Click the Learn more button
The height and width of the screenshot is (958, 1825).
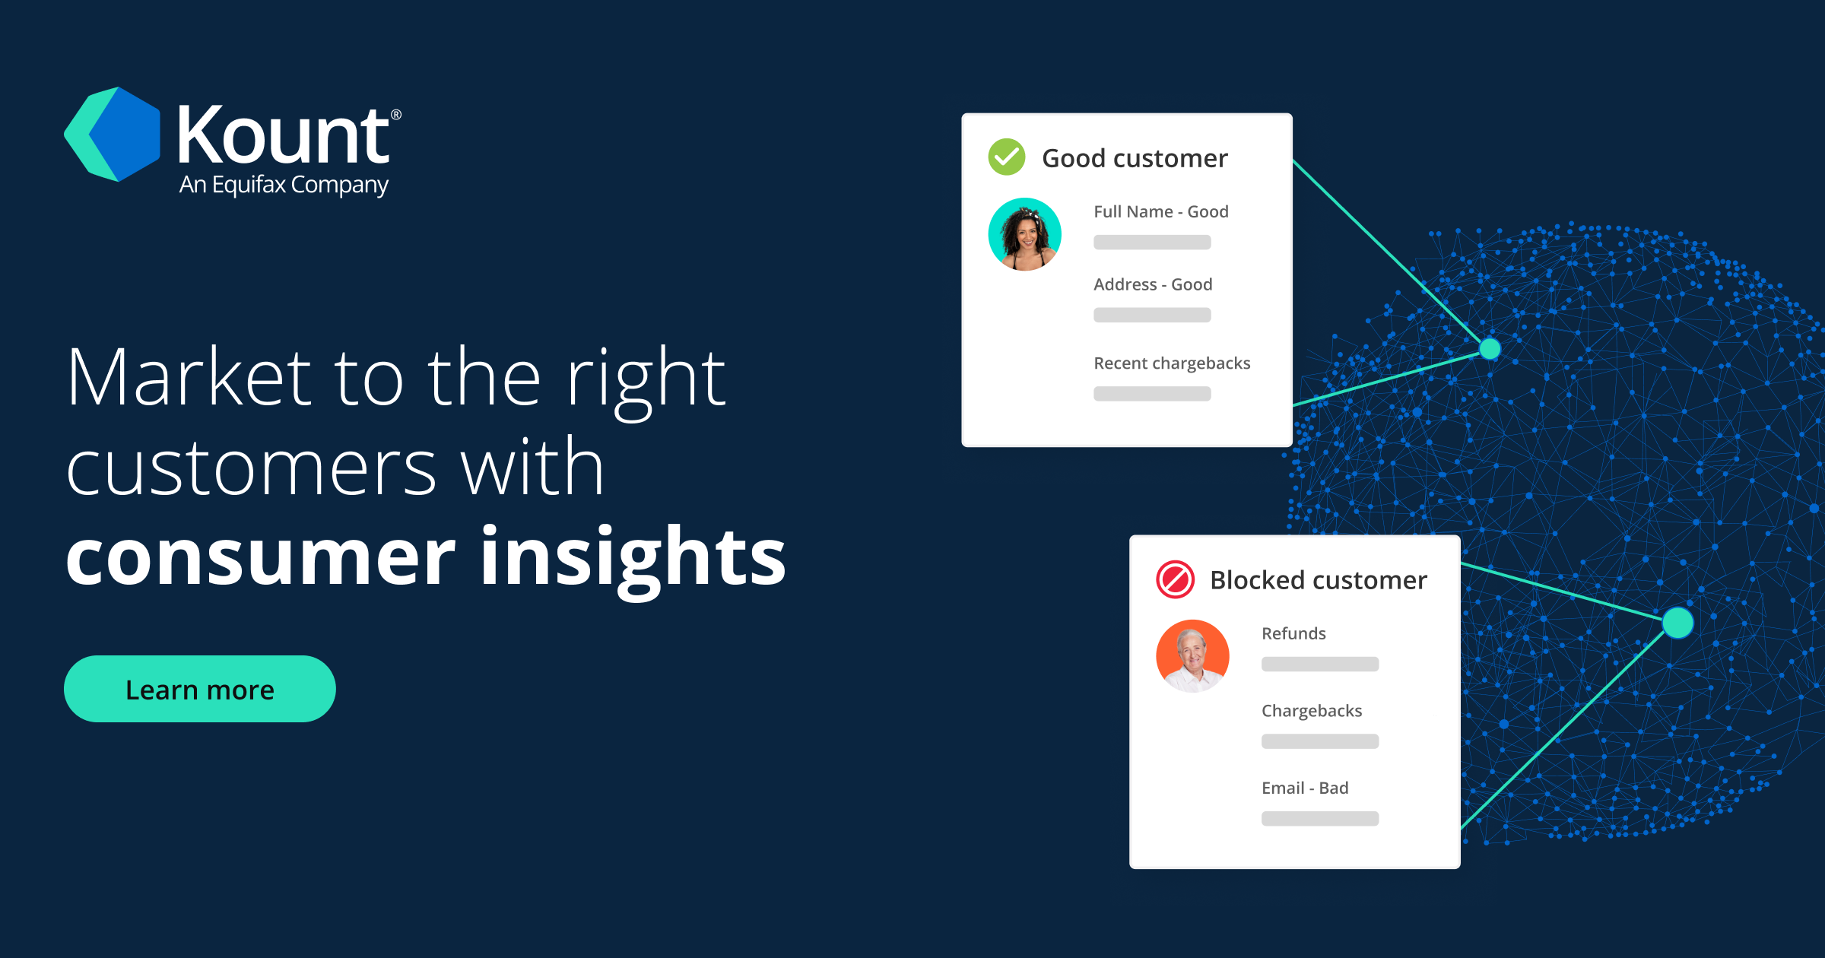(199, 689)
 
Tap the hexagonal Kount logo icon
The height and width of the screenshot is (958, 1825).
(114, 135)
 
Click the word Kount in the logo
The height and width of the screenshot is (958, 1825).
(283, 136)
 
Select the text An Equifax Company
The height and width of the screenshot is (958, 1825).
(284, 185)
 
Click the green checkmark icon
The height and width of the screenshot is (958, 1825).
(1007, 157)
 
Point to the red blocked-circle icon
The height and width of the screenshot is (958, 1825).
(1175, 579)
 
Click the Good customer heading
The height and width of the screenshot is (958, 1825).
(1135, 158)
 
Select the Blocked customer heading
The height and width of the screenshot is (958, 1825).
(1319, 580)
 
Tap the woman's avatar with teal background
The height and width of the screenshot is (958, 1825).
(1025, 234)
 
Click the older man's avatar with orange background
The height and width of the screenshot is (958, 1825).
(1192, 655)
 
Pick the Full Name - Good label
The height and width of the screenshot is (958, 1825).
(1160, 211)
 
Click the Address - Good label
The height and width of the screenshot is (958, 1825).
(1153, 284)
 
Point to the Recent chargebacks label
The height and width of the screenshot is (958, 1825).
(1172, 363)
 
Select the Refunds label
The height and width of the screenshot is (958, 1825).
(1293, 633)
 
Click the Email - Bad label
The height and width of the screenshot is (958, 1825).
(1305, 788)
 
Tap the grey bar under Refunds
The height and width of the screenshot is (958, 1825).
(1320, 664)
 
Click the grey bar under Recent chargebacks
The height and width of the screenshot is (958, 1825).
(1152, 394)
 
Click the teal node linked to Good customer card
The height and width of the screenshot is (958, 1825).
(1490, 349)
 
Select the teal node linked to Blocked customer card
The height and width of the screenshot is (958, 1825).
(1677, 623)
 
